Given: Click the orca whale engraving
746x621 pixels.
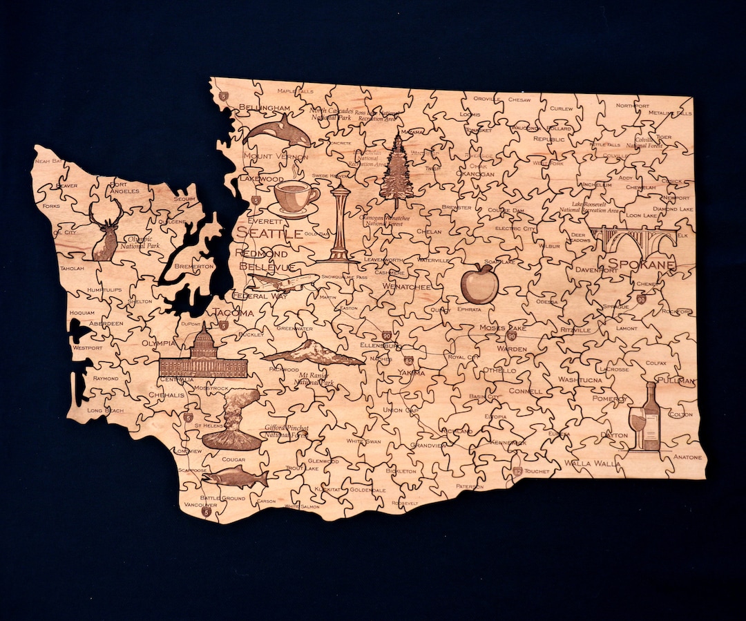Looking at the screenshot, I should click(276, 131).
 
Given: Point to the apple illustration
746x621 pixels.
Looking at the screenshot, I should click(479, 284).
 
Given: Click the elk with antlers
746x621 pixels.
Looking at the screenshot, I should click(106, 231).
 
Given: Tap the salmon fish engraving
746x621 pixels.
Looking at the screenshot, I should click(235, 477).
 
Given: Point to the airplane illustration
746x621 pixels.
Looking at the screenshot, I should click(282, 282).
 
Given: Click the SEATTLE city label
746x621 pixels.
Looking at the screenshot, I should click(269, 233).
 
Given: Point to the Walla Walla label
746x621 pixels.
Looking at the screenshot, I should click(592, 464).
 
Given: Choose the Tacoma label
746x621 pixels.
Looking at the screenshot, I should click(233, 313).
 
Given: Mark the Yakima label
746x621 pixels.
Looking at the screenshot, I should click(412, 373).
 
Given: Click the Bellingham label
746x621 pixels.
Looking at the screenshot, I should click(264, 108).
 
